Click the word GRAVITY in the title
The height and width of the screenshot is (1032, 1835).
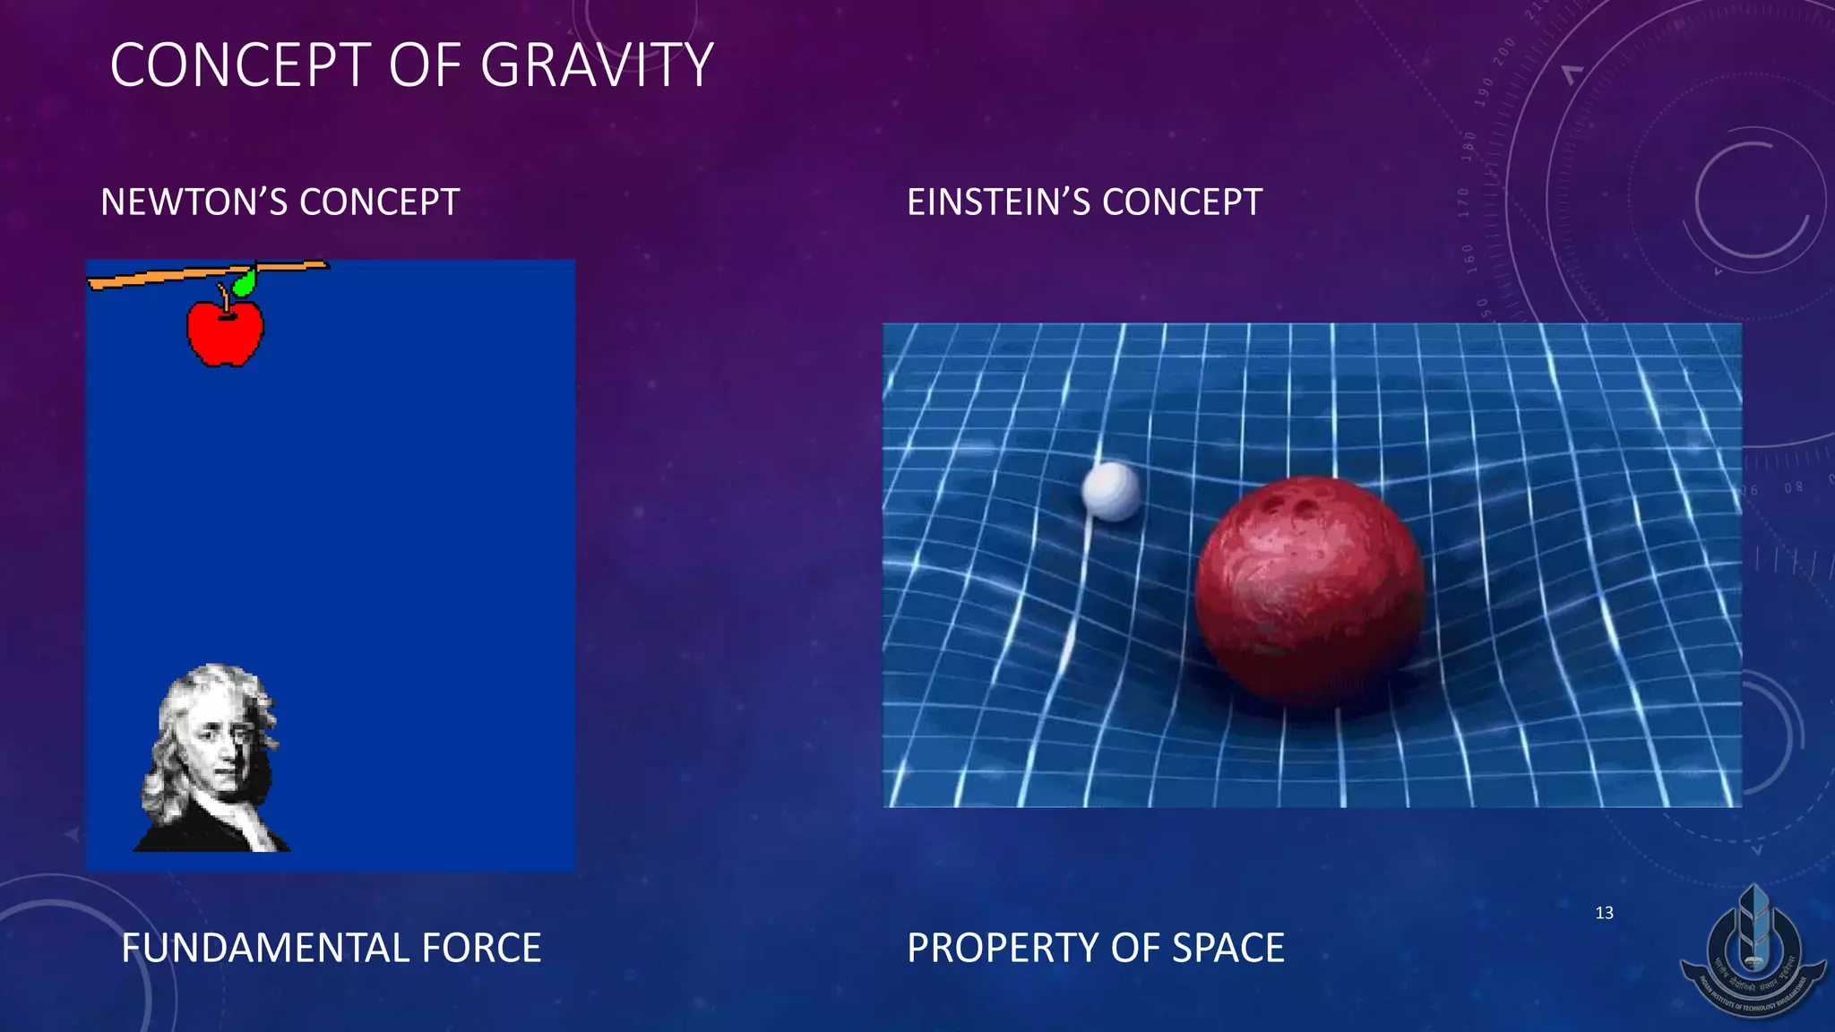597,65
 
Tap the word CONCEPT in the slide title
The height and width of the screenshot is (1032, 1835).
240,65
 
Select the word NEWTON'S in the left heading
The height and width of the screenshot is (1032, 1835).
193,202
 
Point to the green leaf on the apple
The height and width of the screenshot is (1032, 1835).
244,284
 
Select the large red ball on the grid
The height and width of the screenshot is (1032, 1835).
1310,591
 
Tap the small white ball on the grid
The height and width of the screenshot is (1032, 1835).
1110,491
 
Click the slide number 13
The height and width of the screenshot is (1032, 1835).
1604,913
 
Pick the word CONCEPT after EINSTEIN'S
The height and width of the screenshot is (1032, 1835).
1183,202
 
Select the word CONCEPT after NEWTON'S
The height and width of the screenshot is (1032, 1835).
380,202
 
